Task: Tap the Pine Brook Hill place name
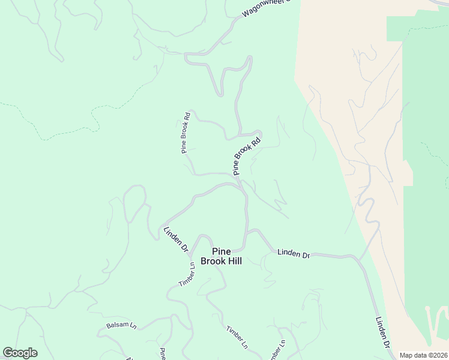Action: point(221,257)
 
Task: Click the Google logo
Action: point(20,353)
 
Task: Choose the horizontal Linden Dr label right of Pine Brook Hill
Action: point(294,254)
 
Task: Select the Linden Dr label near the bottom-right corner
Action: point(384,334)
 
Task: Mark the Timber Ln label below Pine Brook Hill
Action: point(237,337)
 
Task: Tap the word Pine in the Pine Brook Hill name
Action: point(221,252)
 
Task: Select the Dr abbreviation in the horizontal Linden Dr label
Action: point(306,255)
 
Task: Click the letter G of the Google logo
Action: point(8,353)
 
